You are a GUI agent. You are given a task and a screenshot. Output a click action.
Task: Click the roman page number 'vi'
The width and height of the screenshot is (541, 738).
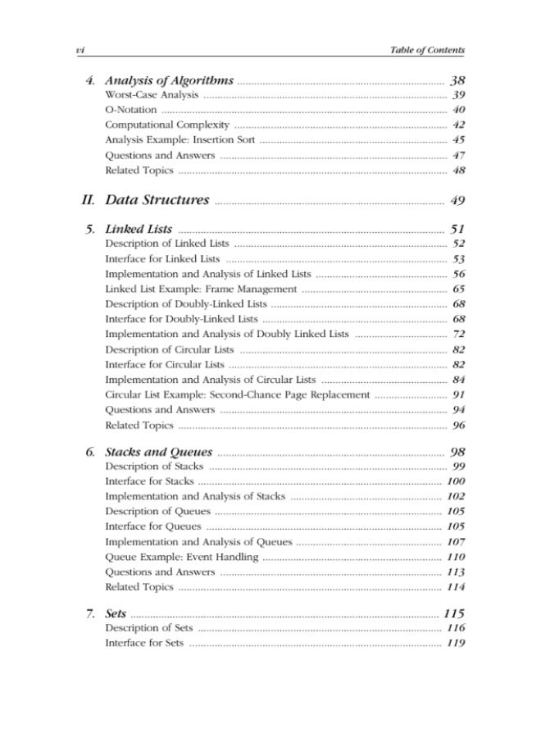pyautogui.click(x=80, y=50)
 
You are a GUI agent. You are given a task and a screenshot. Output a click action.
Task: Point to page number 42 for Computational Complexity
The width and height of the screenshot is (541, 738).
pyautogui.click(x=458, y=125)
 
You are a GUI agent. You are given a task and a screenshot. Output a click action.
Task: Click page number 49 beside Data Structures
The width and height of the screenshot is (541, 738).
pyautogui.click(x=457, y=200)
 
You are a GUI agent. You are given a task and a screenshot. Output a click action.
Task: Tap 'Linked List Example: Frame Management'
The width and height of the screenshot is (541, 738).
pyautogui.click(x=201, y=289)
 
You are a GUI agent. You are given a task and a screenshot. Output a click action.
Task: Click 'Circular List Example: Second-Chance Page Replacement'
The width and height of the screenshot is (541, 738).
pyautogui.click(x=236, y=394)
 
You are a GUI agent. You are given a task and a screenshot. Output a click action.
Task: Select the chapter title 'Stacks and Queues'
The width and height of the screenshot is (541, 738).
pyautogui.click(x=159, y=453)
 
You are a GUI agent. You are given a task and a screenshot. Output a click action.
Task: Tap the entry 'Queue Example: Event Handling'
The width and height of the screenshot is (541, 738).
pyautogui.click(x=182, y=558)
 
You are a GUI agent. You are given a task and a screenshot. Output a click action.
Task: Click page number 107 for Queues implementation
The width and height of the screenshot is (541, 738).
pyautogui.click(x=456, y=542)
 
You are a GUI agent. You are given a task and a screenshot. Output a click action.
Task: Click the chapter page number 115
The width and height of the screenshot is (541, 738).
pyautogui.click(x=454, y=613)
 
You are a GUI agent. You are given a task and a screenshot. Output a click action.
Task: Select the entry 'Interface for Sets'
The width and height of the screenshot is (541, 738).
pyautogui.click(x=144, y=644)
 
